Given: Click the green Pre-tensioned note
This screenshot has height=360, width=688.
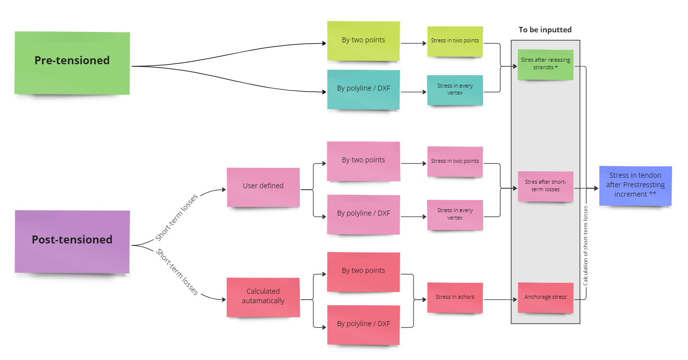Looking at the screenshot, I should pyautogui.click(x=72, y=63).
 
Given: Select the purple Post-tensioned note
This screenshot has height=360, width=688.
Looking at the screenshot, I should pyautogui.click(x=72, y=241).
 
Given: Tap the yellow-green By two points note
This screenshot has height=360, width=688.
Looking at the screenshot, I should pyautogui.click(x=363, y=40).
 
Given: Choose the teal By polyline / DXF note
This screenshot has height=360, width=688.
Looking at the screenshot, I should pyautogui.click(x=363, y=90).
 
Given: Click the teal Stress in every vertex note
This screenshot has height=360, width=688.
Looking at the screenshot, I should pyautogui.click(x=455, y=90).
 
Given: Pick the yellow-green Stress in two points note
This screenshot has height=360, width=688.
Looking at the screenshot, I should pyautogui.click(x=455, y=40).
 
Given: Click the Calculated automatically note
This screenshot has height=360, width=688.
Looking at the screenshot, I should pyautogui.click(x=263, y=297).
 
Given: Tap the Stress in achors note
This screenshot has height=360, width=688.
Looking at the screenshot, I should pyautogui.click(x=455, y=297).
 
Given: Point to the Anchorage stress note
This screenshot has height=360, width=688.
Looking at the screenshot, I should pyautogui.click(x=546, y=297).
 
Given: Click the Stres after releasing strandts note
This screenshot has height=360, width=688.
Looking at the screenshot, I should pyautogui.click(x=546, y=64).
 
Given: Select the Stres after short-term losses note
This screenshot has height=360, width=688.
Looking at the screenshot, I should pyautogui.click(x=546, y=186).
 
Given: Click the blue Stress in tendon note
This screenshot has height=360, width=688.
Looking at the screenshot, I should pyautogui.click(x=635, y=186).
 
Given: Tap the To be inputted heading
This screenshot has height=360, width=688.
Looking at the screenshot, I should pyautogui.click(x=545, y=30).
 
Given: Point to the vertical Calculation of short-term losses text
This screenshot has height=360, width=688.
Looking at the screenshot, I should pyautogui.click(x=586, y=245).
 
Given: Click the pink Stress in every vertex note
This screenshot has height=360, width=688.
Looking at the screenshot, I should pyautogui.click(x=455, y=215).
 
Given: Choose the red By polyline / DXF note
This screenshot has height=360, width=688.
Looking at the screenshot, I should pyautogui.click(x=363, y=324).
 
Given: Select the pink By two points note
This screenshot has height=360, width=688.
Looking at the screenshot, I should pyautogui.click(x=363, y=161).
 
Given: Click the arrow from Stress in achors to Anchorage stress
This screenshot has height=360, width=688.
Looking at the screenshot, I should pyautogui.click(x=500, y=299).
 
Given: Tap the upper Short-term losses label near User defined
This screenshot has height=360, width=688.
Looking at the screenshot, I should pyautogui.click(x=177, y=217).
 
